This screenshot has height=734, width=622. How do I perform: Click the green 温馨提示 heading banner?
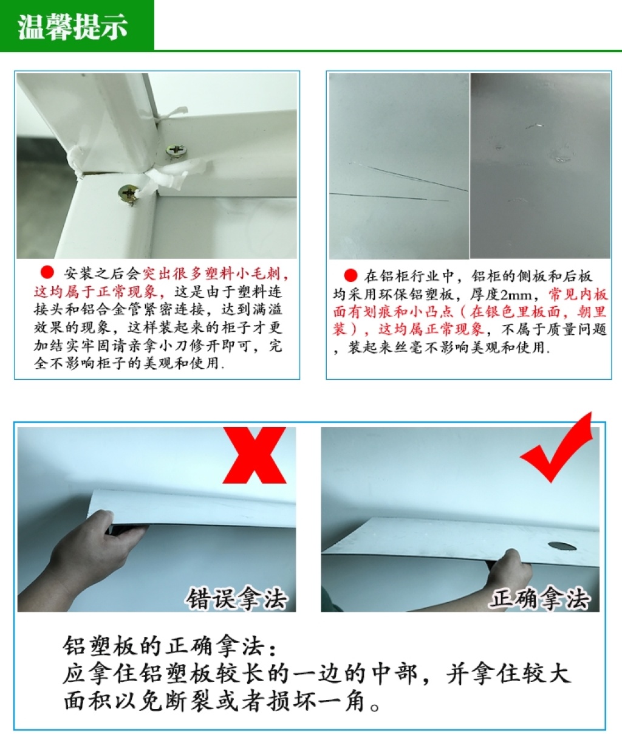[77, 26]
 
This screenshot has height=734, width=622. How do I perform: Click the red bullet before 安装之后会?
[47, 272]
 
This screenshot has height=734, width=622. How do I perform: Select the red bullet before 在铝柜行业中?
[350, 275]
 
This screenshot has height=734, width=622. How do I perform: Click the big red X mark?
[255, 455]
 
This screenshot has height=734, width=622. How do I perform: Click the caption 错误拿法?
[236, 599]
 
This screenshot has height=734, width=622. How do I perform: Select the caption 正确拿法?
[540, 599]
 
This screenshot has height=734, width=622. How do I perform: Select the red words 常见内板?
[578, 294]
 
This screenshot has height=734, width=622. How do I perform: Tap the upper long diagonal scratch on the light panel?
[408, 176]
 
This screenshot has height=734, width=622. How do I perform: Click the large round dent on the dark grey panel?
[562, 154]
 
